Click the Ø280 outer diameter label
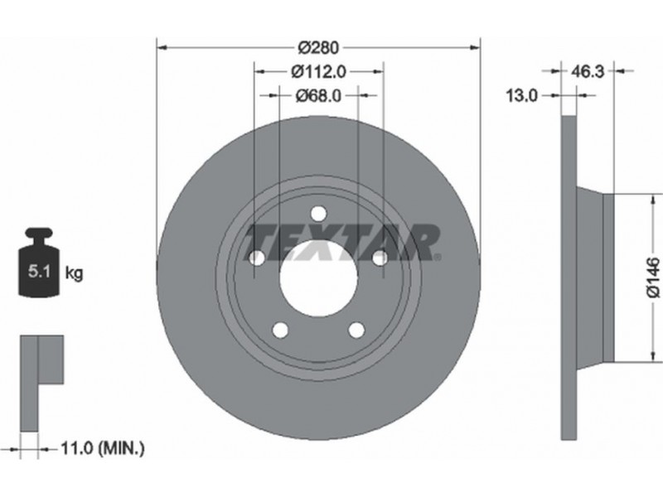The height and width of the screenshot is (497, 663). point(318,47)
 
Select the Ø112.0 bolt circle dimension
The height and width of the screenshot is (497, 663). point(318,72)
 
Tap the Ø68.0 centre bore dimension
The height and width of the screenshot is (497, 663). point(318,96)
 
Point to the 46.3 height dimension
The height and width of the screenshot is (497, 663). point(588,71)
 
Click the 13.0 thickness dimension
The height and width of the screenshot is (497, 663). point(522,96)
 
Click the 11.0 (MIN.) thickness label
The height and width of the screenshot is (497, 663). point(103,448)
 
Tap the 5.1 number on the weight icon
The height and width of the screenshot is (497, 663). point(39,271)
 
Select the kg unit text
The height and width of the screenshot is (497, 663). point(75,273)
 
